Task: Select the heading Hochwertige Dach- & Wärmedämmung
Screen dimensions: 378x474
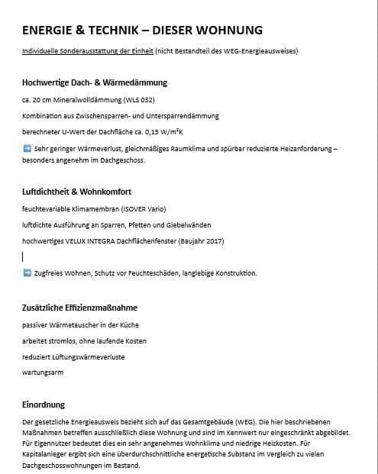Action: click(x=95, y=82)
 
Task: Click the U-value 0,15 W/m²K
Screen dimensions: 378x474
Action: click(x=163, y=131)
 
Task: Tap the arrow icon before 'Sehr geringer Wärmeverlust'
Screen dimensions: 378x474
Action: click(x=27, y=147)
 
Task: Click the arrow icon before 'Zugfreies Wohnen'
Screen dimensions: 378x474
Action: click(x=27, y=272)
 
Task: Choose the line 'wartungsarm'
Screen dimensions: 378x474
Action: click(x=43, y=372)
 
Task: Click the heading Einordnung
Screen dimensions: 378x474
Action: click(x=44, y=405)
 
